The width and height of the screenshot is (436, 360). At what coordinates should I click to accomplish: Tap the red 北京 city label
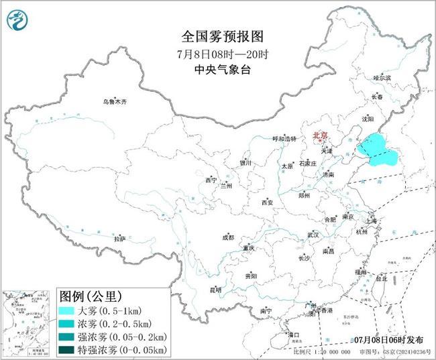point(320,137)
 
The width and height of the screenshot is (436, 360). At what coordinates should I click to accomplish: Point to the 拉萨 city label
point(119,238)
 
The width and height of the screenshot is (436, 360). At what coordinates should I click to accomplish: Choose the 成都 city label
point(228,237)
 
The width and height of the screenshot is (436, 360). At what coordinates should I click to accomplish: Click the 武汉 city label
point(313,235)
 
